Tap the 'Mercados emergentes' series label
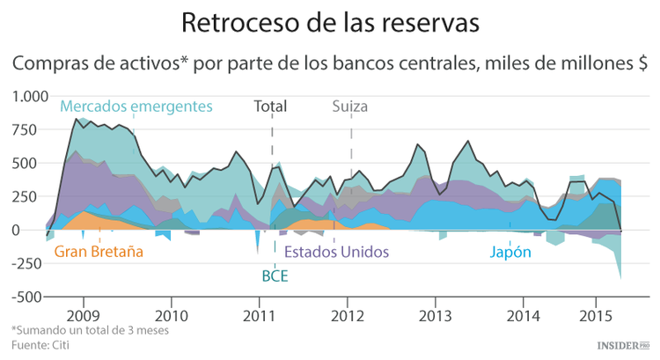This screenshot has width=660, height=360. (136, 107)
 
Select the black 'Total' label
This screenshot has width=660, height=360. (270, 107)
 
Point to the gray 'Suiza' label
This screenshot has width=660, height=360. (350, 107)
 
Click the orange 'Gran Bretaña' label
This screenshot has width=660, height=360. (99, 252)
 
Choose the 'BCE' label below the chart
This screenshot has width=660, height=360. (275, 276)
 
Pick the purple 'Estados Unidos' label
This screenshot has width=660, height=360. (337, 252)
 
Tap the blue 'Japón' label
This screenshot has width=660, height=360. (510, 252)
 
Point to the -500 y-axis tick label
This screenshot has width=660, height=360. (29, 298)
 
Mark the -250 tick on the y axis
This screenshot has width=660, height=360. (29, 264)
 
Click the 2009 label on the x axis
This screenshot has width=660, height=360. (83, 314)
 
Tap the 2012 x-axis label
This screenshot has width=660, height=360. (348, 314)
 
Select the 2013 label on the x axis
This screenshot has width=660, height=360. (436, 314)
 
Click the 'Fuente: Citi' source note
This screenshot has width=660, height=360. (40, 344)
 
